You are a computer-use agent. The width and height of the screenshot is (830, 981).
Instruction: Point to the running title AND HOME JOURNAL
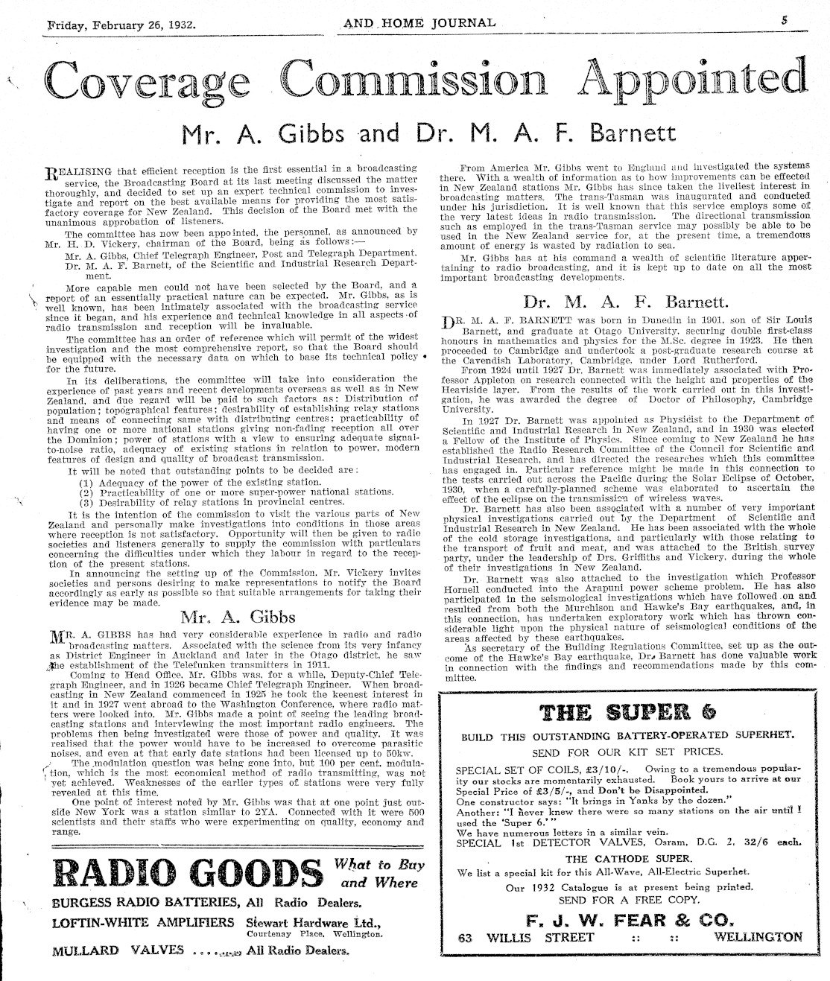tap(419, 22)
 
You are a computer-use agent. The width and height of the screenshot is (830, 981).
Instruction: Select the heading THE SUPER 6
tap(628, 712)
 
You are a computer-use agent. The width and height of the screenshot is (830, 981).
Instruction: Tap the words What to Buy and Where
tap(379, 874)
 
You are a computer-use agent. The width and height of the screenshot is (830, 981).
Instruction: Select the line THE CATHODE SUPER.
tap(627, 858)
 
